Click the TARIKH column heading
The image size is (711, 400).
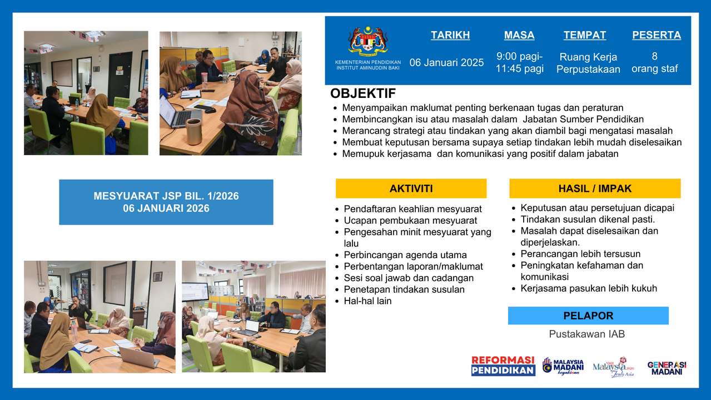pyautogui.click(x=450, y=35)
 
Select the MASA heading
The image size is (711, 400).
pyautogui.click(x=519, y=35)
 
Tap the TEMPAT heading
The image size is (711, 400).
pyautogui.click(x=584, y=35)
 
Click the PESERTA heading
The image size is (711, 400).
pyautogui.click(x=656, y=35)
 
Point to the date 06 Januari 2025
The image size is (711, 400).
pyautogui.click(x=446, y=62)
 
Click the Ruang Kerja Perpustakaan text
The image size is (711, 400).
pyautogui.click(x=588, y=63)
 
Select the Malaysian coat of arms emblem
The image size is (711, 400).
pyautogui.click(x=367, y=41)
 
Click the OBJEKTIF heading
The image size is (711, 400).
pyautogui.click(x=363, y=93)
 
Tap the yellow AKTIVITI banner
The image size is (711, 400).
pyautogui.click(x=411, y=189)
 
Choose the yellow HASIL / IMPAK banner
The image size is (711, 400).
pyautogui.click(x=595, y=189)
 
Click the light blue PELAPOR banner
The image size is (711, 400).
pyautogui.click(x=588, y=315)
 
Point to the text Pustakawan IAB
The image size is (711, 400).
pyautogui.click(x=587, y=334)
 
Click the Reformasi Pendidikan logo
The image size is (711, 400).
pyautogui.click(x=503, y=366)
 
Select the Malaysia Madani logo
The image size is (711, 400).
pyautogui.click(x=563, y=366)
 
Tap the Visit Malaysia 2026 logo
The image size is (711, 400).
pyautogui.click(x=614, y=367)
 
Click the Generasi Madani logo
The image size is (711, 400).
pyautogui.click(x=667, y=368)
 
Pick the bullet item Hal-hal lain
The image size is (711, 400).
pyautogui.click(x=367, y=301)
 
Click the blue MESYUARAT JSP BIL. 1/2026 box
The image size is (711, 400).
pyautogui.click(x=166, y=202)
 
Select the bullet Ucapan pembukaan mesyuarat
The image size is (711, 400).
pyautogui.click(x=410, y=220)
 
